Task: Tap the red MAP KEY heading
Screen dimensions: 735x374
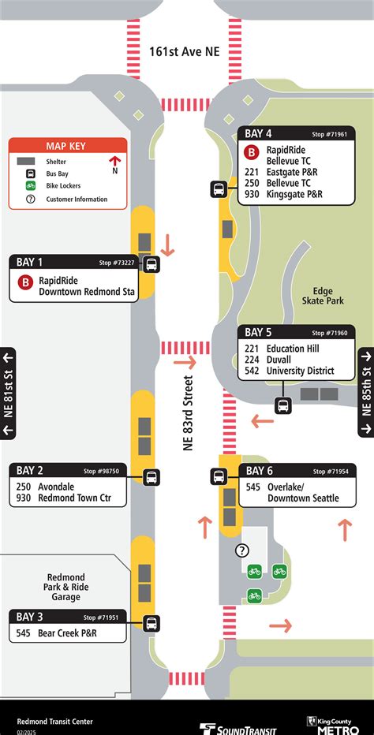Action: click(67, 146)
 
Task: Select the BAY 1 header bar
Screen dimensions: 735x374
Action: click(73, 262)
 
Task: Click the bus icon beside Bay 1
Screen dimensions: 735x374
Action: click(151, 265)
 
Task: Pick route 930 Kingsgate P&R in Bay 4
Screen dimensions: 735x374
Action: click(283, 194)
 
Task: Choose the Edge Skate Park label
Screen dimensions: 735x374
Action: click(323, 295)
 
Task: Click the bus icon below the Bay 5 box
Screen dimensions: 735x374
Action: click(282, 406)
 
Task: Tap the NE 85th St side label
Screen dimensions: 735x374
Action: click(366, 391)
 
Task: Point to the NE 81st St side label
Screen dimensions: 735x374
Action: click(9, 391)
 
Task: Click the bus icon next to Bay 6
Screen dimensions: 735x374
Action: click(219, 476)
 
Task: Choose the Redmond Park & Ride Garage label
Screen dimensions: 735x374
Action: click(66, 587)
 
